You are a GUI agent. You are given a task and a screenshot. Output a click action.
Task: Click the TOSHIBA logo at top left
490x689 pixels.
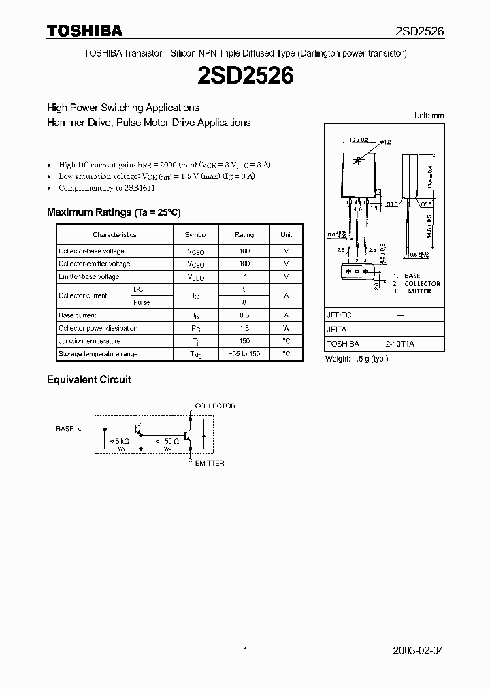pyautogui.click(x=84, y=31)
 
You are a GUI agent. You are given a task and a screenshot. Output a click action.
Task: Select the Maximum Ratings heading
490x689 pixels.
pyautogui.click(x=114, y=212)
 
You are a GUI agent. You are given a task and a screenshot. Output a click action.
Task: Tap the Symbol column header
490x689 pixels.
pyautogui.click(x=195, y=235)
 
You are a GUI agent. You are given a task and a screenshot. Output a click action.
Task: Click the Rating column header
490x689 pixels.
pyautogui.click(x=244, y=235)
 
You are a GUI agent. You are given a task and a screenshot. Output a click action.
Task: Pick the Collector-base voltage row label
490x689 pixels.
pyautogui.click(x=91, y=251)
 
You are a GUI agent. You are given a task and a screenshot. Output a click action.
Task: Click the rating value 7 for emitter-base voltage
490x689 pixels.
pyautogui.click(x=244, y=277)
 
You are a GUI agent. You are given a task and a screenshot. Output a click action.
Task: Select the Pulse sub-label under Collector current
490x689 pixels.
pyautogui.click(x=142, y=302)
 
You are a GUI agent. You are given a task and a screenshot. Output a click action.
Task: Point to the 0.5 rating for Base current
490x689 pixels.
pyautogui.click(x=244, y=315)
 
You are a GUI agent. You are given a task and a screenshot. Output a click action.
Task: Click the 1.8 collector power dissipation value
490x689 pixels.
pyautogui.click(x=244, y=328)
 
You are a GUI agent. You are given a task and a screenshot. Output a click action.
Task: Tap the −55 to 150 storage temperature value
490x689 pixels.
pyautogui.click(x=244, y=354)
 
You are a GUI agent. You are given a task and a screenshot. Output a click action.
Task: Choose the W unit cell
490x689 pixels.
pyautogui.click(x=287, y=328)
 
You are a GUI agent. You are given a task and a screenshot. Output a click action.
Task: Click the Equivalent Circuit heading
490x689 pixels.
pyautogui.click(x=88, y=379)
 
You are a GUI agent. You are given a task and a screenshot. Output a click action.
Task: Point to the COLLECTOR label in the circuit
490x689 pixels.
pyautogui.click(x=215, y=406)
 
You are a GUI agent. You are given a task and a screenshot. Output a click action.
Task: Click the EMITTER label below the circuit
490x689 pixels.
pyautogui.click(x=210, y=464)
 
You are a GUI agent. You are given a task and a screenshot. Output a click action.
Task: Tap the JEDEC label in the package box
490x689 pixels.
pyautogui.click(x=339, y=316)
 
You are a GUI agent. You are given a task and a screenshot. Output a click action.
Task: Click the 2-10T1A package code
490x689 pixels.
pyautogui.click(x=399, y=344)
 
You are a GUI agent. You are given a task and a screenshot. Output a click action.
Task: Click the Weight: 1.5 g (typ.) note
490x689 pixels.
pyautogui.click(x=357, y=359)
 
